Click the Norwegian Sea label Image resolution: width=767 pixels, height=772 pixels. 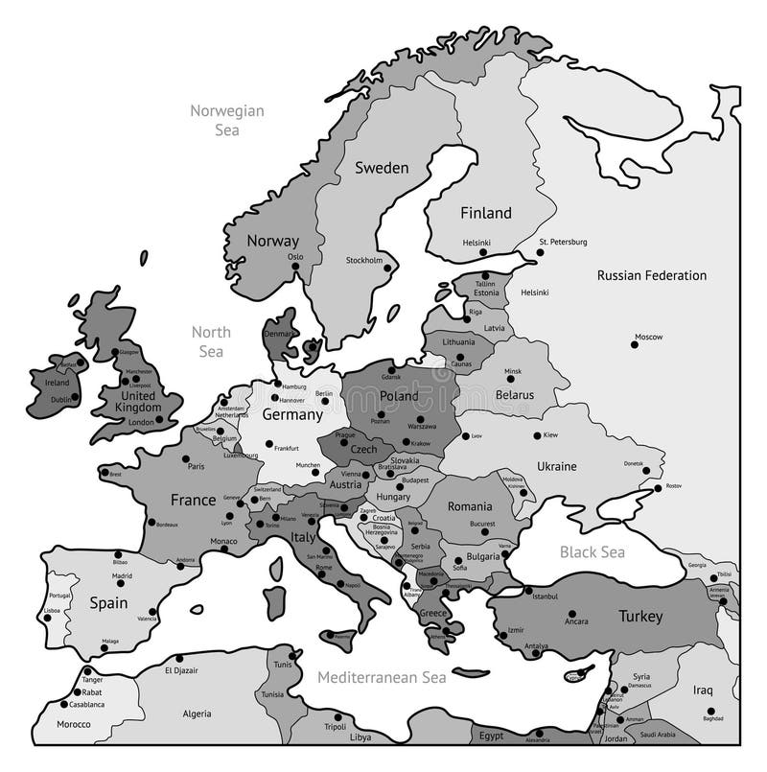pos(226,119)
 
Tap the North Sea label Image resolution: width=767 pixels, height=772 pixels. pos(211,341)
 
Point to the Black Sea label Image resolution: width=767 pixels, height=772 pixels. pos(592,551)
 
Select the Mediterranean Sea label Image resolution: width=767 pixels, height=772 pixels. pos(382,677)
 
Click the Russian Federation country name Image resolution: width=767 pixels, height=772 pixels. pos(652,275)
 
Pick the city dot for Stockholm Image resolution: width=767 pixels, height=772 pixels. pos(387,268)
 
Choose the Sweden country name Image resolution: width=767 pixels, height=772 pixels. pos(382,168)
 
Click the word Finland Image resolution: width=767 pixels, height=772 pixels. pos(486,213)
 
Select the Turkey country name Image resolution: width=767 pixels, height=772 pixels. pos(639,616)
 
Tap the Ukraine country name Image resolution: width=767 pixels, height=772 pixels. pos(556,466)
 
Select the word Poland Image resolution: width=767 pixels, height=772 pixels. pos(399,395)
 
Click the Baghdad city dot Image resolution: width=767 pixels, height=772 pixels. pos(711,710)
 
